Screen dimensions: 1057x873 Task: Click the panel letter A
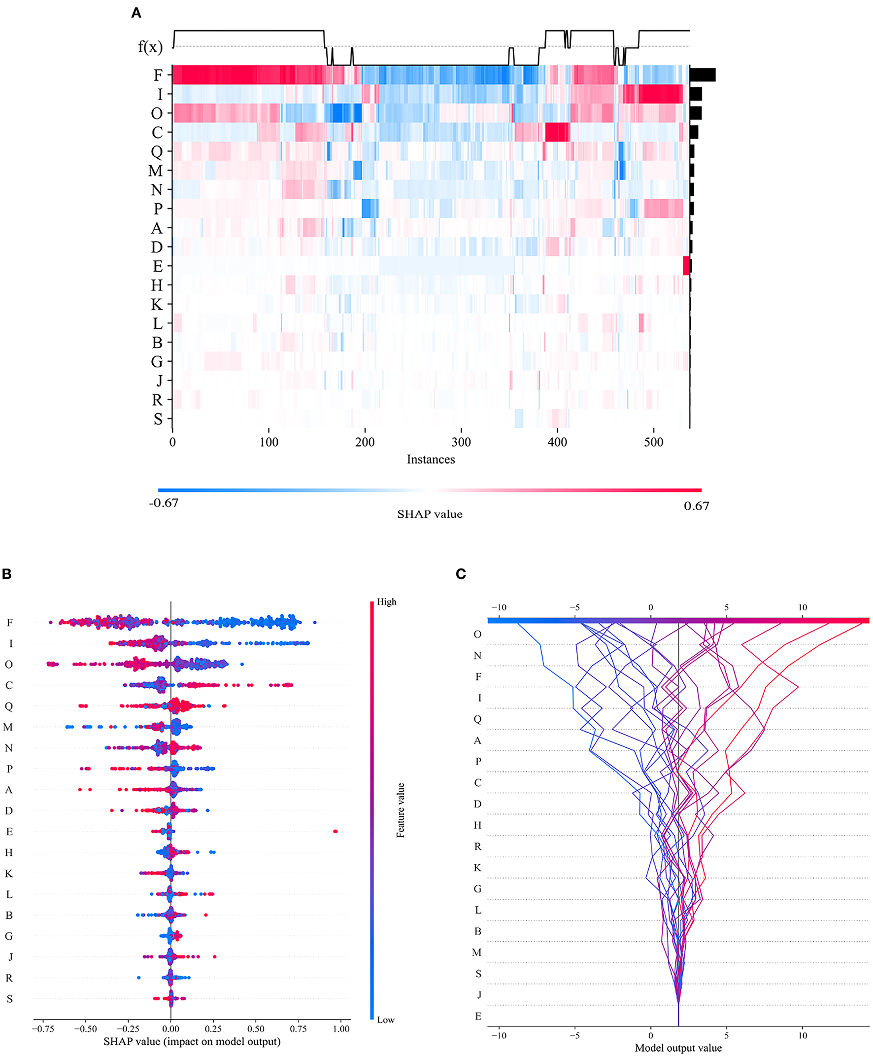[136, 13]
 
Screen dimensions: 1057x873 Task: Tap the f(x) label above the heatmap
[150, 47]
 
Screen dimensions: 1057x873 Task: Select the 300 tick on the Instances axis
[461, 442]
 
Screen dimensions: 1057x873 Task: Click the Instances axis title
[431, 459]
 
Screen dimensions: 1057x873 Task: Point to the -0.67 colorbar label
[164, 503]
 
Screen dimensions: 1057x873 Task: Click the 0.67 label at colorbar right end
[696, 506]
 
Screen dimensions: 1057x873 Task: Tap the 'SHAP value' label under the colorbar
[430, 514]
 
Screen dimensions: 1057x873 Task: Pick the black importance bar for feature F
[702, 75]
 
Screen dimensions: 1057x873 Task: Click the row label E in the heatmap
[157, 266]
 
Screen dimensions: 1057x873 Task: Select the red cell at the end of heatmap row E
[686, 266]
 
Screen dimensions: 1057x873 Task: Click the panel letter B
[6, 574]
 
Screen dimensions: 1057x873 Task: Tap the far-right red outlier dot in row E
[336, 831]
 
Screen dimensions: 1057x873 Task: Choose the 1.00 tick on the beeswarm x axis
[341, 1029]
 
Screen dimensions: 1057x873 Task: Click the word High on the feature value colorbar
[386, 601]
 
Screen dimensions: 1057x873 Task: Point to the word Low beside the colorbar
[386, 1020]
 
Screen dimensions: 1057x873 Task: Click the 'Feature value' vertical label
[401, 810]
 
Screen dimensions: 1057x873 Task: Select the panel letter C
[461, 574]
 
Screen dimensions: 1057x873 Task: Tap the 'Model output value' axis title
[678, 1048]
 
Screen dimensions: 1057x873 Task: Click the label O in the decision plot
[477, 634]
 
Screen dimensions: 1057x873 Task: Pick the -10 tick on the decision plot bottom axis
[499, 1035]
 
